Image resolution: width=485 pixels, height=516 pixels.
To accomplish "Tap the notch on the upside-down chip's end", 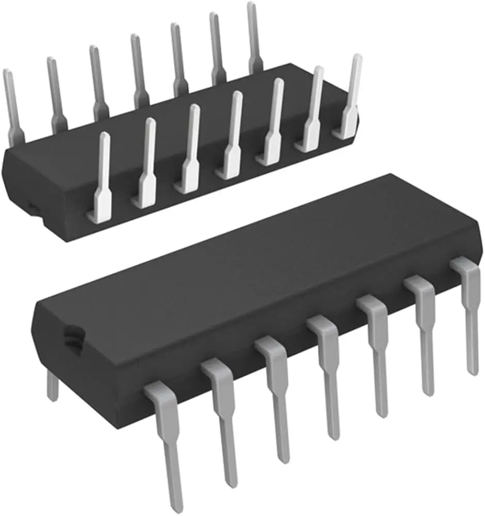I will pyautogui.click(x=32, y=208).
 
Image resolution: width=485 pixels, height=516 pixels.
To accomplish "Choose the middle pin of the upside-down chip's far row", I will pyautogui.click(x=138, y=70).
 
